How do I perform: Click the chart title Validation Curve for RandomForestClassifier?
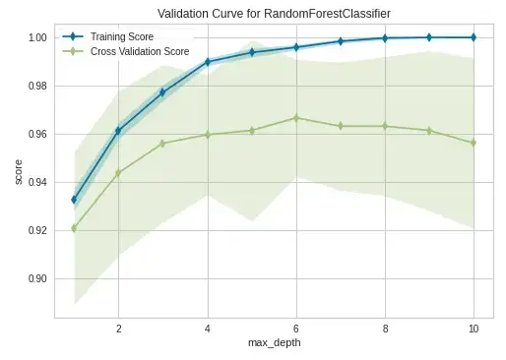pos(274,14)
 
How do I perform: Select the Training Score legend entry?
pos(108,36)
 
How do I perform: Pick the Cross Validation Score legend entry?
pos(126,51)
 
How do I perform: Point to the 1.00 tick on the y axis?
pos(37,37)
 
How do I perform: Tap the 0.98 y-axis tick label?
pos(37,86)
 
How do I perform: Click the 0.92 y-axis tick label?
pos(37,230)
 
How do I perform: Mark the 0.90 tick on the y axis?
pos(37,278)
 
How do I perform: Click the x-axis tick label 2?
pos(119,329)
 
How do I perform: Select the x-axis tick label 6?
pos(296,329)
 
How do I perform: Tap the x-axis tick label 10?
pos(474,329)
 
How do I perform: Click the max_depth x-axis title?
pos(275,343)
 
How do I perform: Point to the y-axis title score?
pos(19,172)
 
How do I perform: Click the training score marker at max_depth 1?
pos(74,200)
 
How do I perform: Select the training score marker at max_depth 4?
pos(208,62)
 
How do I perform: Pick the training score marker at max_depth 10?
pos(474,37)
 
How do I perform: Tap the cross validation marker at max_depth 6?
pos(296,118)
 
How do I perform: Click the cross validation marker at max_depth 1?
pos(74,228)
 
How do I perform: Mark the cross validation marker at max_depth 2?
pos(119,173)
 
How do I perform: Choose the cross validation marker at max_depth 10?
pos(474,143)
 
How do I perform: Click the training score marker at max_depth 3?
pos(162,92)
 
